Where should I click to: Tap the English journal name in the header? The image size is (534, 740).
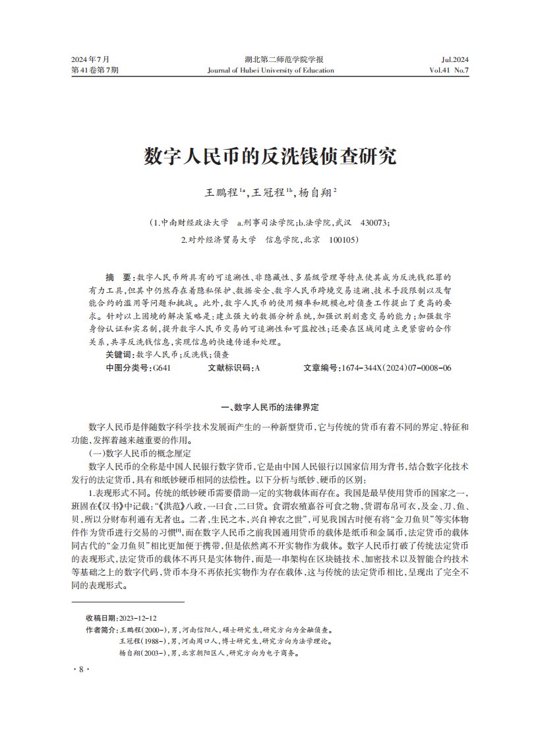pyautogui.click(x=270, y=70)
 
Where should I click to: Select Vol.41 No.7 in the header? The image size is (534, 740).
pyautogui.click(x=448, y=70)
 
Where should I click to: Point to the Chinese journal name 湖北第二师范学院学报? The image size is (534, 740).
pyautogui.click(x=270, y=59)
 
